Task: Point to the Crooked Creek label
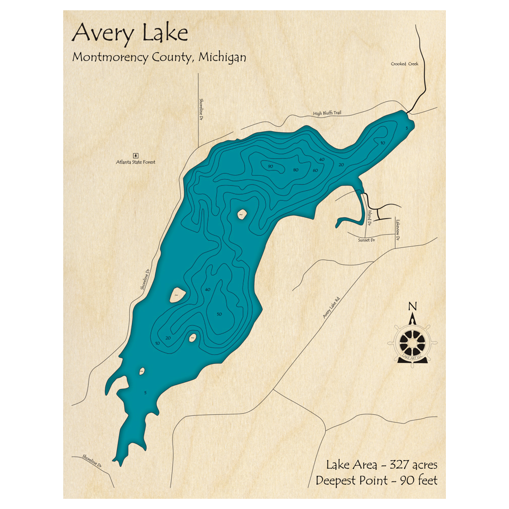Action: [405, 64]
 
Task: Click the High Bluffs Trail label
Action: [327, 112]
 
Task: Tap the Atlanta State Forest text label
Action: [135, 162]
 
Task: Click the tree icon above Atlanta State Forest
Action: [135, 155]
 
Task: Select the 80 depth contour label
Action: [296, 169]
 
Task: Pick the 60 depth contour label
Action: [316, 169]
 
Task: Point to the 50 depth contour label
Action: [219, 314]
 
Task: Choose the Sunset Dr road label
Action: [365, 239]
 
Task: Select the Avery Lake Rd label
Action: [331, 308]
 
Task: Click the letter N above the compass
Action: [412, 306]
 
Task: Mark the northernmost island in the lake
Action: [240, 215]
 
